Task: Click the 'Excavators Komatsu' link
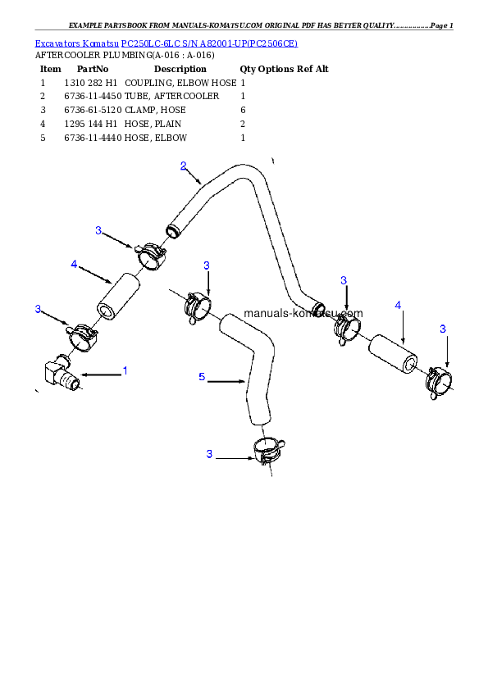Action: (76, 43)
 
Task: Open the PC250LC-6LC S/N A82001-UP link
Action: (210, 43)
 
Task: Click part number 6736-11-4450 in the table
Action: (93, 96)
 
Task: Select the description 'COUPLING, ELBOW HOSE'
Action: (180, 83)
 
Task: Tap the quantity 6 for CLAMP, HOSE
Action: (243, 110)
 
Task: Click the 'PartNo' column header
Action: (93, 69)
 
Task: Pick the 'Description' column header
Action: (180, 69)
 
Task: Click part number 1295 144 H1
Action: (91, 124)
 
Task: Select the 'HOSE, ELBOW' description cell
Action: (156, 138)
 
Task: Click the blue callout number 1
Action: (125, 371)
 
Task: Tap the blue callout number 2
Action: (183, 166)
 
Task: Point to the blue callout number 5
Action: (202, 377)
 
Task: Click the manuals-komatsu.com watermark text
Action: (303, 313)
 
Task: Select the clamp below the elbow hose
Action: (268, 451)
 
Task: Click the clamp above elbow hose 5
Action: (198, 306)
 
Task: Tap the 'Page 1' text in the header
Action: (442, 25)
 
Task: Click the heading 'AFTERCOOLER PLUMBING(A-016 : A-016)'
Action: (125, 56)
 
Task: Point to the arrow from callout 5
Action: (226, 382)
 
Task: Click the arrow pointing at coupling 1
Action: (101, 375)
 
